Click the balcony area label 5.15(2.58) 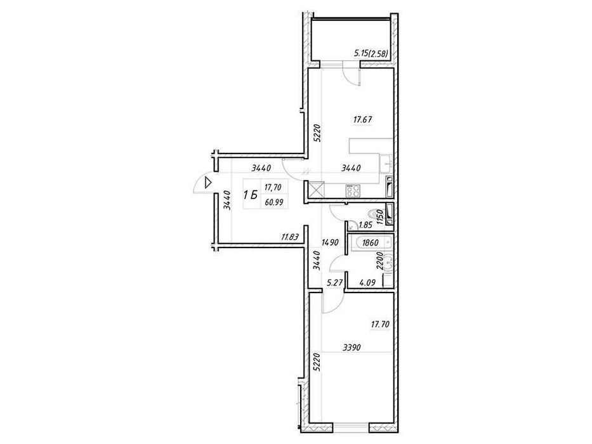click(371, 54)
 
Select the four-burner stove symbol click(353, 191)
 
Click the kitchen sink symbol click(386, 162)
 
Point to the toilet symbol click(376, 215)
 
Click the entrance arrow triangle click(207, 183)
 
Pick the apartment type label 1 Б click(251, 195)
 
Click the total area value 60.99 click(274, 202)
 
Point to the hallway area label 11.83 click(290, 237)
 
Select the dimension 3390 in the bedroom click(352, 348)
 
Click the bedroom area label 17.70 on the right click(380, 324)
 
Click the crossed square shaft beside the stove click(316, 189)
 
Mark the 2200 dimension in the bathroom click(381, 261)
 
